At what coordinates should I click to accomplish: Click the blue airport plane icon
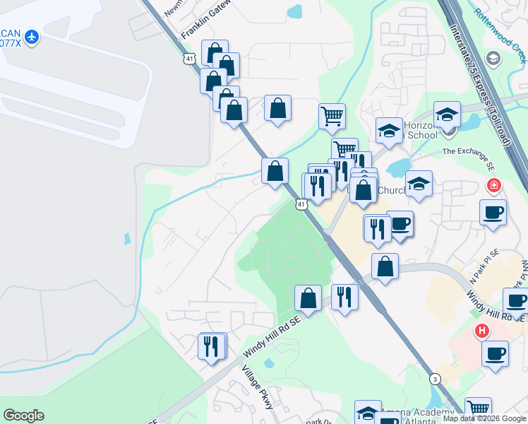31,37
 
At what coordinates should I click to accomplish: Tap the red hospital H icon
482,330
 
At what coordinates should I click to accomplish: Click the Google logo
23,415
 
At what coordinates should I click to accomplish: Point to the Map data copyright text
484,418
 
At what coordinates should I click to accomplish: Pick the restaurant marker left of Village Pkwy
211,347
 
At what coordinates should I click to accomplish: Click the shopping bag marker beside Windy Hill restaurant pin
308,298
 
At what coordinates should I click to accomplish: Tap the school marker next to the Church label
419,184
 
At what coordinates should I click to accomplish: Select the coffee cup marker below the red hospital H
495,353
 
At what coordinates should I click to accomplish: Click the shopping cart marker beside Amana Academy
479,409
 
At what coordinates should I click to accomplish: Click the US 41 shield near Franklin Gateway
190,59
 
